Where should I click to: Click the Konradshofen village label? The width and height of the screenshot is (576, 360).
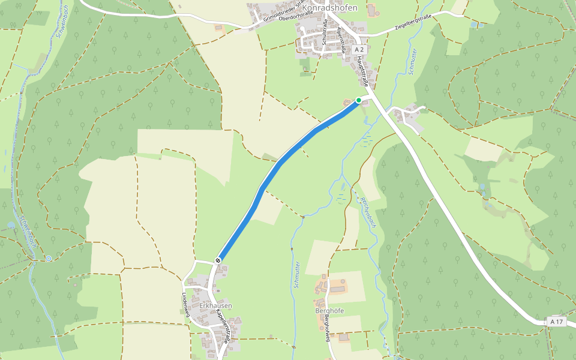(329, 8)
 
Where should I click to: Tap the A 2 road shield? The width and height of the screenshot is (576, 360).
(359, 49)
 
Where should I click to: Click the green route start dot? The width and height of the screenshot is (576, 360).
(359, 100)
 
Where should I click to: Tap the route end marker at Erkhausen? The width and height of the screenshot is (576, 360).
(218, 260)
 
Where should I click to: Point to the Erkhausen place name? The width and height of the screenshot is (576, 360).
(215, 306)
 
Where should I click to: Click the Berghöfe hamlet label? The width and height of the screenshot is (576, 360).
(329, 311)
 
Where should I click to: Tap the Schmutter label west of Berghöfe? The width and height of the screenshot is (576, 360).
(298, 275)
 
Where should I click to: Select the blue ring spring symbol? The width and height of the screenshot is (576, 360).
(49, 259)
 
